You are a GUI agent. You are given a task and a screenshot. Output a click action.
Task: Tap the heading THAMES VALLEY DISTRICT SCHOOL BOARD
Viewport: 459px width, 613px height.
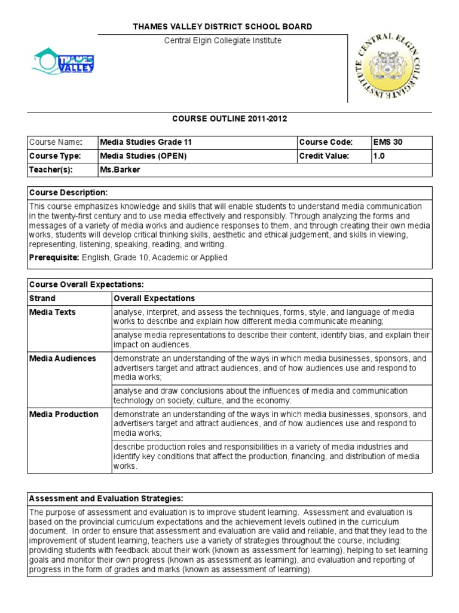click(222, 27)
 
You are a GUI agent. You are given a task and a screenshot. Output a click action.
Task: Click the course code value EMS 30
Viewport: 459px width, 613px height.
click(388, 142)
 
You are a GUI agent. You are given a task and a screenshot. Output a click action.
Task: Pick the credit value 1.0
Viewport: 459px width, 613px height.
click(380, 156)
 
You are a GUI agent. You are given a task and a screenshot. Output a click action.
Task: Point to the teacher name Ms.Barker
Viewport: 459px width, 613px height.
click(120, 170)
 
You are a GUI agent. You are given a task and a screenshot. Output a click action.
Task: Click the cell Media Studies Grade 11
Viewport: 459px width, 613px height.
click(146, 142)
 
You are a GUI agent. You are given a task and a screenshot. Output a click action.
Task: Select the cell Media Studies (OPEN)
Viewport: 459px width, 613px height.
click(143, 156)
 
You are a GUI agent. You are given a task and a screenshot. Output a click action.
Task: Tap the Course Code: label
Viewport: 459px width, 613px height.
click(326, 142)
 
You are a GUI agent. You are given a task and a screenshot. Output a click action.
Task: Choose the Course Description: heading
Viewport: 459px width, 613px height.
click(69, 193)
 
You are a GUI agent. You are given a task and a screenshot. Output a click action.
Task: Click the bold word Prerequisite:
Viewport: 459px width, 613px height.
click(54, 257)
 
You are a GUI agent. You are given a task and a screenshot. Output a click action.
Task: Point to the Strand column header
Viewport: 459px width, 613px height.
click(42, 298)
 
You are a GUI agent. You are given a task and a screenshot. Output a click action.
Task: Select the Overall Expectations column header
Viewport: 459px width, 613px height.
click(154, 298)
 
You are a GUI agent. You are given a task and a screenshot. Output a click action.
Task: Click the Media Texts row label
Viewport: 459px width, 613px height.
click(53, 312)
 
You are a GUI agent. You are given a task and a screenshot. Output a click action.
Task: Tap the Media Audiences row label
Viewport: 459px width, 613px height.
click(63, 359)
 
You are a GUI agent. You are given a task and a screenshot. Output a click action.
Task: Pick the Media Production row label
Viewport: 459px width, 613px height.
click(64, 414)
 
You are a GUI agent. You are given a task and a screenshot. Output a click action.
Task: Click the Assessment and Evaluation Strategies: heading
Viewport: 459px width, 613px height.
click(106, 499)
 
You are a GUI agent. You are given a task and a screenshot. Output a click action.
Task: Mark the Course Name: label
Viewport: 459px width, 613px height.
click(56, 142)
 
